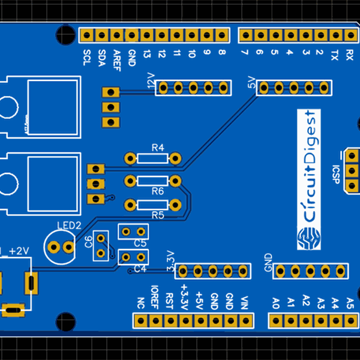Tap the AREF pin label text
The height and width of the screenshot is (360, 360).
(117, 59)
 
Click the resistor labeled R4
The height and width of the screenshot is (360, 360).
(152, 158)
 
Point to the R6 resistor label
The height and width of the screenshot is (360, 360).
(158, 191)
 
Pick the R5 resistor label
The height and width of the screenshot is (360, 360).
(158, 214)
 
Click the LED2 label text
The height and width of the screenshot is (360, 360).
(69, 225)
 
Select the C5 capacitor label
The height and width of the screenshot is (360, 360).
(140, 243)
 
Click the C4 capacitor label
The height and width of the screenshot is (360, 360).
(140, 268)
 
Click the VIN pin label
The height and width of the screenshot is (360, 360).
(244, 301)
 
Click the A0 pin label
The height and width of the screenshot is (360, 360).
(275, 302)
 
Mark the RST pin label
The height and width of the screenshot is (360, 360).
(170, 299)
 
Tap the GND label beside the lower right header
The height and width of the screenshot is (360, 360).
(268, 262)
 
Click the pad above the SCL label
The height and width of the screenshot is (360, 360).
(87, 35)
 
